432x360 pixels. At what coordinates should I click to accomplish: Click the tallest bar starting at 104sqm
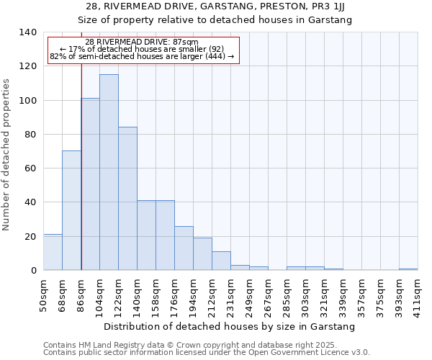[x=109, y=173]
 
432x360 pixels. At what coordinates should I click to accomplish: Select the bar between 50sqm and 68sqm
[x=53, y=252]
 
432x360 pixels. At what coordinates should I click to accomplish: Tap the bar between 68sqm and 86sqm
[x=71, y=210]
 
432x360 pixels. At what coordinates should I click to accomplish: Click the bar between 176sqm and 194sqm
[x=184, y=248]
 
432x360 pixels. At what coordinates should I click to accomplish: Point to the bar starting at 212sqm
[x=221, y=261]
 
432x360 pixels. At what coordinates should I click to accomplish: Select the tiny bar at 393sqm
[x=408, y=269]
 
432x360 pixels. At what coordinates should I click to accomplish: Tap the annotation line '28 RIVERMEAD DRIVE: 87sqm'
[x=141, y=42]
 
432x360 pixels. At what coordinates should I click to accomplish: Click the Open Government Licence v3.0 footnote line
[x=206, y=353]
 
